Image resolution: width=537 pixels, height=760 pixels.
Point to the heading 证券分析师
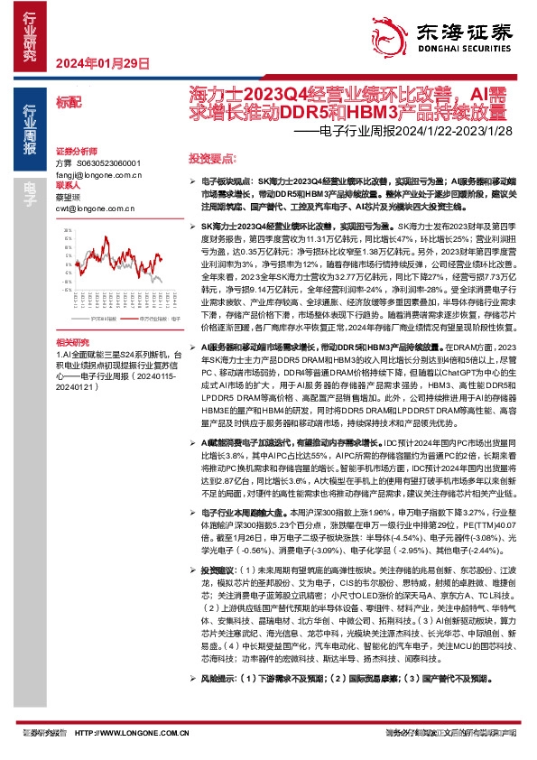click(x=75, y=151)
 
